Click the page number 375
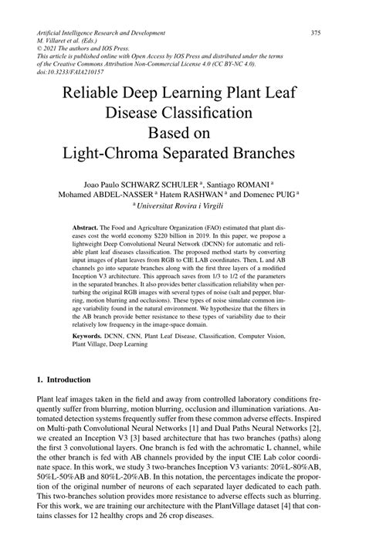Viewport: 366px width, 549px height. [x=316, y=33]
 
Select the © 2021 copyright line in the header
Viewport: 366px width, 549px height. [x=84, y=51]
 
